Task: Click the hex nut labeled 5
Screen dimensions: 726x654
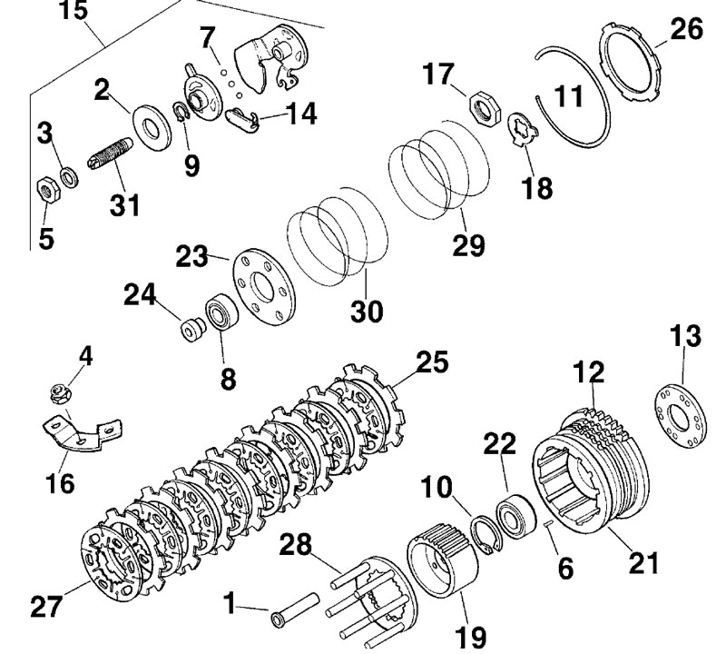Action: tap(48, 190)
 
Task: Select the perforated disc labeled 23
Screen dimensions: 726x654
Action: tap(262, 286)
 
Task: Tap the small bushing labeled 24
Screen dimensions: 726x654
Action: tap(192, 328)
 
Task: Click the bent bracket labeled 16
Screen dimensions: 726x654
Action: tap(83, 434)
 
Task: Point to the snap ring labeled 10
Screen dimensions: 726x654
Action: tap(486, 535)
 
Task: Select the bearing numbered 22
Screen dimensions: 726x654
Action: tap(515, 516)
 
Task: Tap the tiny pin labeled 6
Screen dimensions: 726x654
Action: tap(550, 524)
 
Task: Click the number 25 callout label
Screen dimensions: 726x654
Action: tap(432, 362)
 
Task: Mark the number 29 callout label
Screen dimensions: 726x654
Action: tap(468, 245)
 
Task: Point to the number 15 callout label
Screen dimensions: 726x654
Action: tap(74, 11)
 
